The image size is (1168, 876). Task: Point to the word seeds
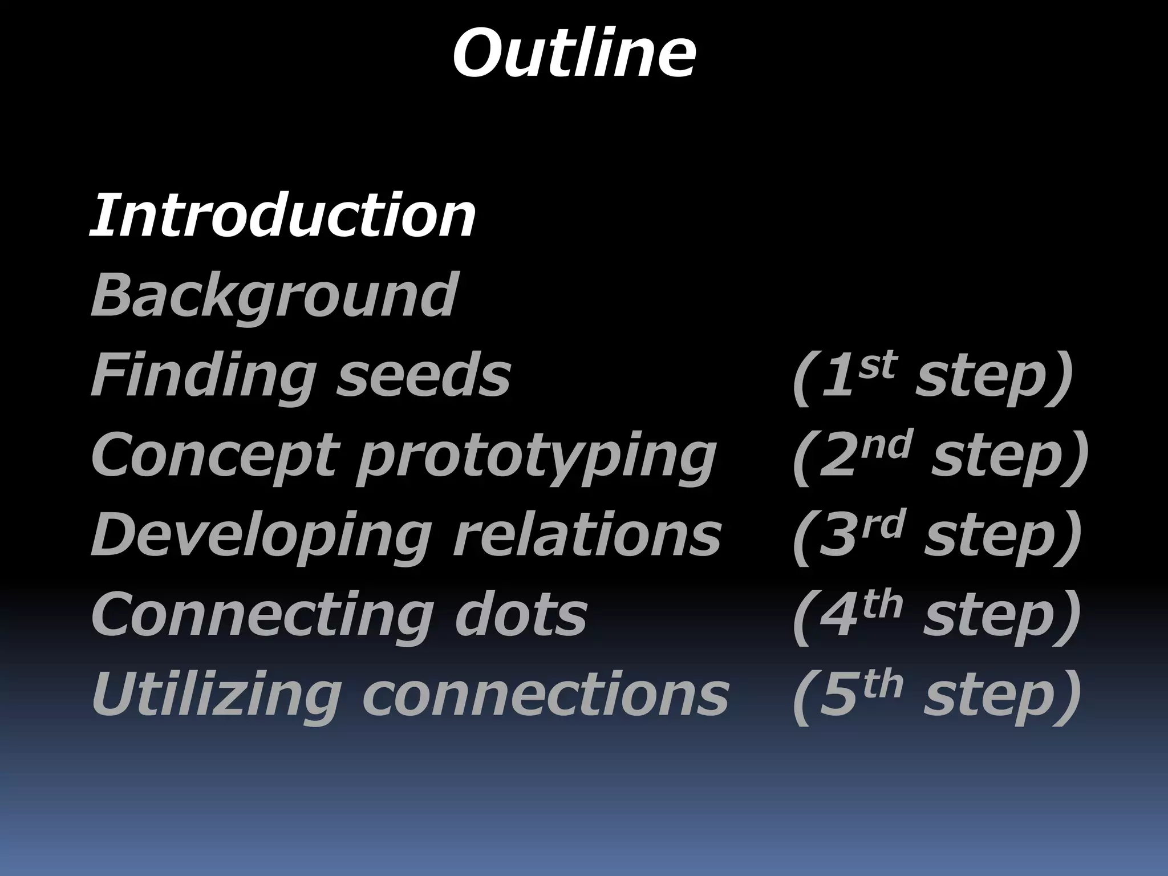coord(423,376)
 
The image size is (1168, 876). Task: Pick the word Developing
coord(259,536)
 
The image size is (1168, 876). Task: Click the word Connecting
coord(259,616)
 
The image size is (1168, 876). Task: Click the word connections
coord(545,696)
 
